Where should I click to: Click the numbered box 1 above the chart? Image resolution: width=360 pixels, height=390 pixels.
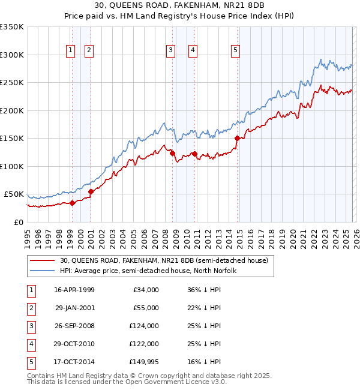point(71,50)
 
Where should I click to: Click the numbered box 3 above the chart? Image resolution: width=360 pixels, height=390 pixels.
point(171,50)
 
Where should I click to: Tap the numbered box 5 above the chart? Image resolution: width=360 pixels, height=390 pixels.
point(235,50)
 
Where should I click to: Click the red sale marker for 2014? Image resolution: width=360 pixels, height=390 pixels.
point(237,138)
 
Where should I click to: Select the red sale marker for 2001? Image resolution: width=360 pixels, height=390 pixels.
point(91,191)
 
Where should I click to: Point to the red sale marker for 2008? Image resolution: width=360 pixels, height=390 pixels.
point(173,153)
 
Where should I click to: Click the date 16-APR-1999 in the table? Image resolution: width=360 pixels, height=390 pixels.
point(74,290)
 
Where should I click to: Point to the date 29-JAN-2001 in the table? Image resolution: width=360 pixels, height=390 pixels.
point(74,308)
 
